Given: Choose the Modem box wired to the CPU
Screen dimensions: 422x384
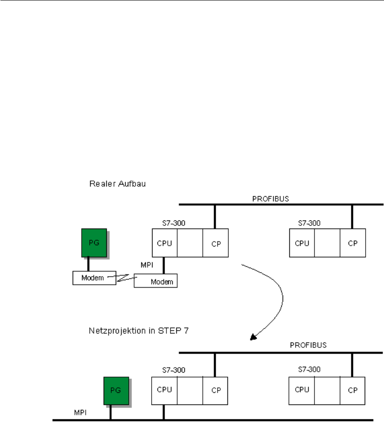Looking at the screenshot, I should click(x=156, y=281).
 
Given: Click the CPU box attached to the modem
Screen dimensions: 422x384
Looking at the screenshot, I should click(x=164, y=243).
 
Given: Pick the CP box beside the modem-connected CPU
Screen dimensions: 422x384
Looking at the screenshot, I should click(x=215, y=243).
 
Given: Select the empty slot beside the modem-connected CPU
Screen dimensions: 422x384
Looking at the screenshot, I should click(x=190, y=243).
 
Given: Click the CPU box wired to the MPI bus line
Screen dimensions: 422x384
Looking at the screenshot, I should click(x=164, y=391).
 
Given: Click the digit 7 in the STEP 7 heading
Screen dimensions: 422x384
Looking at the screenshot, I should click(x=159, y=333).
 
